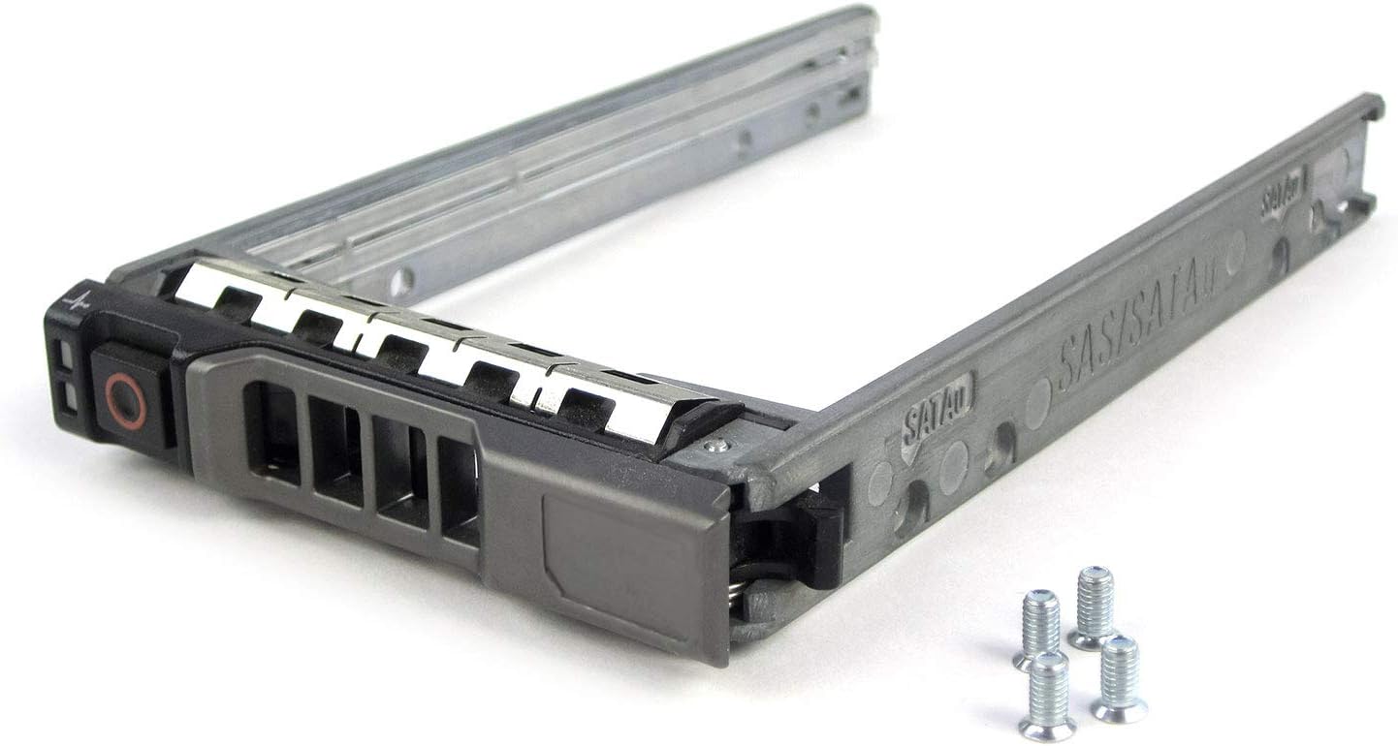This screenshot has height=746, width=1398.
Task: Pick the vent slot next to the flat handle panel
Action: [459, 490]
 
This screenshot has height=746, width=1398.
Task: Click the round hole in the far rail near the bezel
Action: [400, 282]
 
